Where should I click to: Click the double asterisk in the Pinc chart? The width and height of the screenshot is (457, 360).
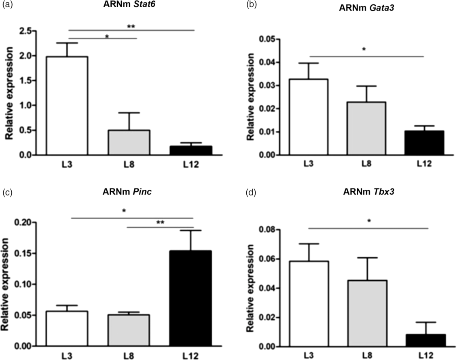click(161, 222)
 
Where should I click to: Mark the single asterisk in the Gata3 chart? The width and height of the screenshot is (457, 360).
click(364, 50)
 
